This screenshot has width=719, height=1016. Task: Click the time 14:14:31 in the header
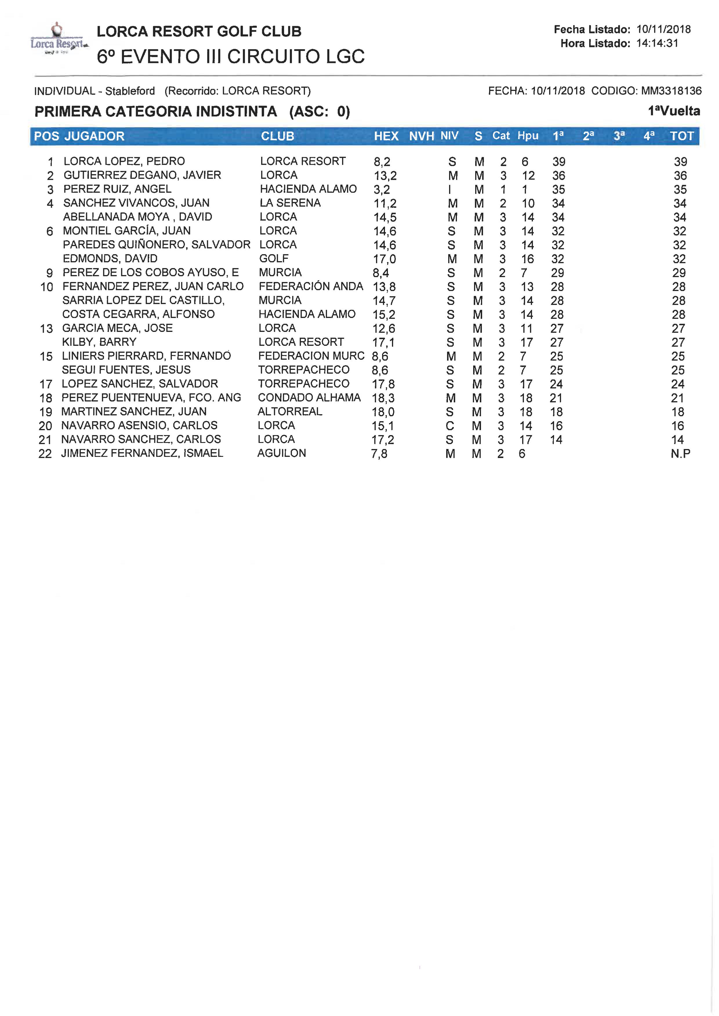(657, 43)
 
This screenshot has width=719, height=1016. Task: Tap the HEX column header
(386, 136)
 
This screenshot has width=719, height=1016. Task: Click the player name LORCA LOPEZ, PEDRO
(124, 161)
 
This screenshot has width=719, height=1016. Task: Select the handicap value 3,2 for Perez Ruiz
(382, 190)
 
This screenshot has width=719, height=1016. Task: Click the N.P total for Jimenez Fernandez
(680, 453)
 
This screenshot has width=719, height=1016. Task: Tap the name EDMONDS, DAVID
(110, 259)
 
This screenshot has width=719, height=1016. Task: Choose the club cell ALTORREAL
(290, 411)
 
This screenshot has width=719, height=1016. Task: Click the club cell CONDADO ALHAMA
(309, 397)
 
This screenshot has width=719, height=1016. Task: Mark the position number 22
(45, 454)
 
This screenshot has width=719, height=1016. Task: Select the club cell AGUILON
(282, 453)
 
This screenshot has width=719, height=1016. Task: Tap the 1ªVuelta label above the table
(674, 111)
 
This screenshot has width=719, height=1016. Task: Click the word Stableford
(130, 91)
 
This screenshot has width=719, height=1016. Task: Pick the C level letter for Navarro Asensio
(450, 426)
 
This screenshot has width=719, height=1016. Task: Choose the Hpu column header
(528, 136)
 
